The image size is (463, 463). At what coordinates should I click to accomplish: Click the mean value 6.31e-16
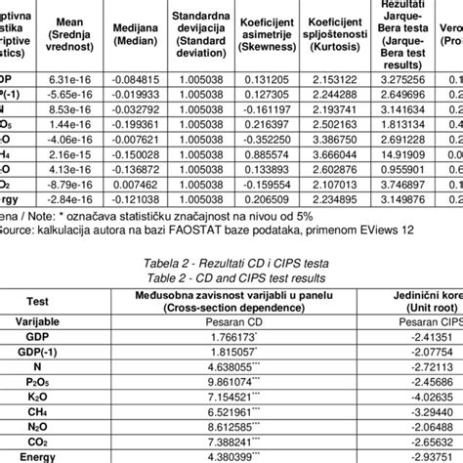click(x=65, y=79)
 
